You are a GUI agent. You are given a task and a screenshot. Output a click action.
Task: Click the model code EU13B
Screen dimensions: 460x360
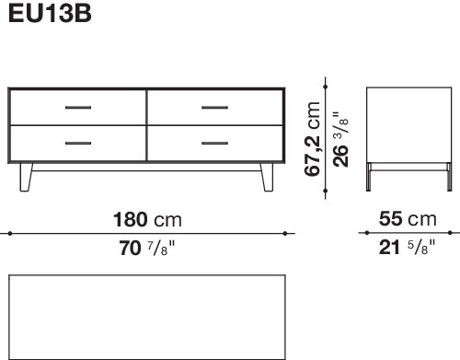click(x=50, y=14)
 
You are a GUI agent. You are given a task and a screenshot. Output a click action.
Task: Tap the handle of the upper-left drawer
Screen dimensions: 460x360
click(x=78, y=108)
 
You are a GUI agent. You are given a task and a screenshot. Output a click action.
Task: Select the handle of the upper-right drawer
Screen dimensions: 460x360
click(x=214, y=108)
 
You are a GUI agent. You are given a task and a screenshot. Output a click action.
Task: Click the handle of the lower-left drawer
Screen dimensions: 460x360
click(x=78, y=143)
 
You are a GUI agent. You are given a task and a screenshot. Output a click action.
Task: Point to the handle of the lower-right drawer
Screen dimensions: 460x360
click(x=214, y=143)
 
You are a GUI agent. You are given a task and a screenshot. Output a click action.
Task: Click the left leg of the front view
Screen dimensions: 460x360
click(x=26, y=178)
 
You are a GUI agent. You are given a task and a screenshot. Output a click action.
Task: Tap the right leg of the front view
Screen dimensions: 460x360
click(x=267, y=178)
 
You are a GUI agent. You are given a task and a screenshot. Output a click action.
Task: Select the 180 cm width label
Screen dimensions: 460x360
click(x=147, y=220)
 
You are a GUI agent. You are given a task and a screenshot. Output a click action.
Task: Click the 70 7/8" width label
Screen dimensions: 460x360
click(x=147, y=249)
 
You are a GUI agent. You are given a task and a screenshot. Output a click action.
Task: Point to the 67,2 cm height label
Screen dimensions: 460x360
click(x=313, y=139)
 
